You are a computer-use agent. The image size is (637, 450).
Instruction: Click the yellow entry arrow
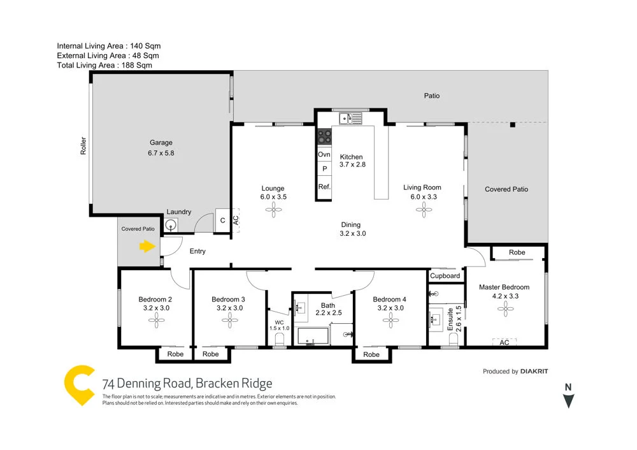[x=147, y=246]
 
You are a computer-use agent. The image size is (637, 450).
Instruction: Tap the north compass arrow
[x=569, y=400]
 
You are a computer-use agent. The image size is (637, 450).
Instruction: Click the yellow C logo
[x=80, y=386]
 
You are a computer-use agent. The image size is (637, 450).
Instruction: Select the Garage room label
[x=161, y=143]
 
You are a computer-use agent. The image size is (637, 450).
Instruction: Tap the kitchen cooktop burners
[x=324, y=137]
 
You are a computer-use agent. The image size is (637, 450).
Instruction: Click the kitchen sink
[x=350, y=117]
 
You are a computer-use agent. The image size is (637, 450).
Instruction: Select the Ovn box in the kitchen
[x=324, y=155]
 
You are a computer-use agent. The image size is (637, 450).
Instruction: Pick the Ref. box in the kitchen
[x=324, y=187]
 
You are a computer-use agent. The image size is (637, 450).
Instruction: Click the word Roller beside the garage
[x=83, y=146]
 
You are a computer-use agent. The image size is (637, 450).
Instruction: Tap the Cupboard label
[x=445, y=276]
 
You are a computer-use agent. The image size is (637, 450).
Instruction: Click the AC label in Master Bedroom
[x=504, y=342]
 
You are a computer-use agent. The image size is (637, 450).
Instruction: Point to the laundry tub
[x=171, y=225]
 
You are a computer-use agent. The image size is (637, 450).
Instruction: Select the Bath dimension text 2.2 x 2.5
[x=328, y=313]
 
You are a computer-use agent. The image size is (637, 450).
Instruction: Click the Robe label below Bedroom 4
[x=371, y=354]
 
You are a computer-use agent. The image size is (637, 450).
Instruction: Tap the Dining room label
[x=350, y=224]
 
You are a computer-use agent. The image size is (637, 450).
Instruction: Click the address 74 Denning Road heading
[x=187, y=383]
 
